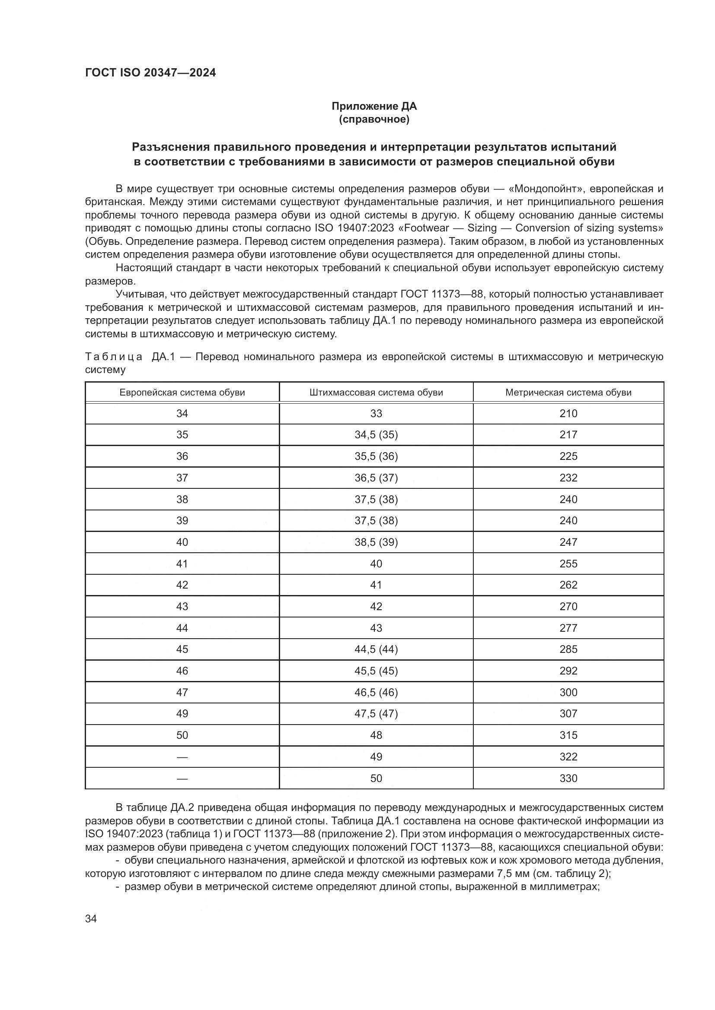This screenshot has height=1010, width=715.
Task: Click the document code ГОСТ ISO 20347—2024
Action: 150,73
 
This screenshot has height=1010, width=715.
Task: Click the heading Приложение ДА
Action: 374,106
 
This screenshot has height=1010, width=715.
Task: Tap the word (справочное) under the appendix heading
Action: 374,119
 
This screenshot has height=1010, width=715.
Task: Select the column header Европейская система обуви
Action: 182,393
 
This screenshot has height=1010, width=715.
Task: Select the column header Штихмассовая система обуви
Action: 376,393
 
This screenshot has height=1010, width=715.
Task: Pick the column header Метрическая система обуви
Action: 568,393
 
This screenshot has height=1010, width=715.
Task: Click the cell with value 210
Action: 568,414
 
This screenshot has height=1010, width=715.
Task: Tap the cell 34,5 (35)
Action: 376,435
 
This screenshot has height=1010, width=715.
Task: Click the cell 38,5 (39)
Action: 376,542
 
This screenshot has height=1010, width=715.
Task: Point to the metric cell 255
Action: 568,564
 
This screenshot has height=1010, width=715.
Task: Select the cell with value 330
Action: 568,779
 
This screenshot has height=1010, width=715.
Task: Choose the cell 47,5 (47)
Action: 376,713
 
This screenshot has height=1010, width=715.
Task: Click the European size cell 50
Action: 182,735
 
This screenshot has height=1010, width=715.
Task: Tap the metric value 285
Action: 568,649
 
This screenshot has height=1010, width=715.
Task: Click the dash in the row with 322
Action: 182,757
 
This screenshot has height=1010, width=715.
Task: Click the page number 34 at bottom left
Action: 91,919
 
